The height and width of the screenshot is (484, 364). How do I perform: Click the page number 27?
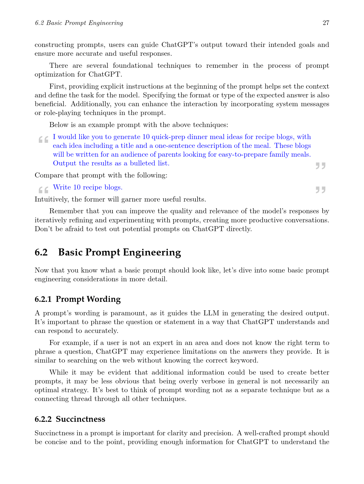pyautogui.click(x=326, y=23)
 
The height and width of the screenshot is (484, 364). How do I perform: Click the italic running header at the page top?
pyautogui.click(x=79, y=23)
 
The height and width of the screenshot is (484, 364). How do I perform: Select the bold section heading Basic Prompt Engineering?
pyautogui.click(x=119, y=252)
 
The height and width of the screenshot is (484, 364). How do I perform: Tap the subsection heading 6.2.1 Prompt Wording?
pyautogui.click(x=77, y=299)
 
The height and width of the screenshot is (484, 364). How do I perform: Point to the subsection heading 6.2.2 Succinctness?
pyautogui.click(x=70, y=419)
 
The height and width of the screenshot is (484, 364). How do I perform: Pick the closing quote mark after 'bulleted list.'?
pyautogui.click(x=321, y=166)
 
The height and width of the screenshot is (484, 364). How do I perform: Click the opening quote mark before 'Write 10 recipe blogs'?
pyautogui.click(x=43, y=190)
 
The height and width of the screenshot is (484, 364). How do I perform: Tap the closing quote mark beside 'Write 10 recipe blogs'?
pyautogui.click(x=321, y=190)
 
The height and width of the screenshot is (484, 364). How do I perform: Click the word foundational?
pyautogui.click(x=133, y=65)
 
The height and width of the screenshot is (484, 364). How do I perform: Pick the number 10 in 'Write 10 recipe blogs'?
pyautogui.click(x=77, y=187)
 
